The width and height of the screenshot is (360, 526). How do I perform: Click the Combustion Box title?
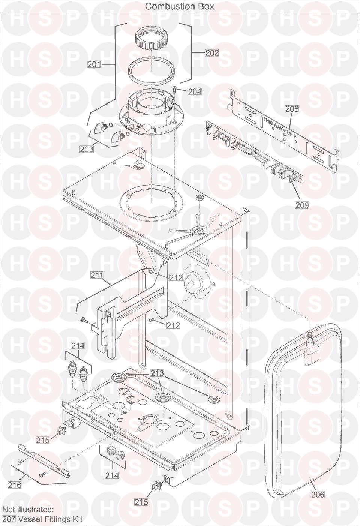point(180,6)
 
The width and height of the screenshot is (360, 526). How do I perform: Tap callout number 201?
point(94,64)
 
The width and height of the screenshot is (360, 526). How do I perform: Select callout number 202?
point(212,53)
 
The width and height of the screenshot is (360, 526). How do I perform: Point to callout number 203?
point(87,149)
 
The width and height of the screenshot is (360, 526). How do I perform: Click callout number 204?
point(195,91)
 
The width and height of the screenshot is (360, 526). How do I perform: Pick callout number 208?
point(292,109)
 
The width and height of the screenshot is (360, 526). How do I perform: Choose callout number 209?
point(302,205)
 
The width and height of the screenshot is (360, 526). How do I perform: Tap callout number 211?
point(97,275)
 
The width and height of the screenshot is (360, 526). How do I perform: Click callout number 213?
point(157,373)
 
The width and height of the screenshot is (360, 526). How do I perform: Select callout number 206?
point(318,494)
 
